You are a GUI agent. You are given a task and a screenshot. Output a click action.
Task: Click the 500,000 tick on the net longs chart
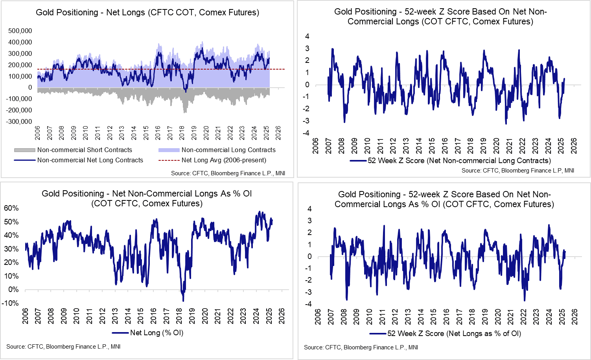click(20, 31)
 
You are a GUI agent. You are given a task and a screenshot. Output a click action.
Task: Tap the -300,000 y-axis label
click(19, 121)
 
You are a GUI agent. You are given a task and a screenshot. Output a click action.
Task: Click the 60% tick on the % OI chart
click(11, 208)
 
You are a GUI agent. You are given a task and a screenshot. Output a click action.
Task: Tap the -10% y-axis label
click(11, 303)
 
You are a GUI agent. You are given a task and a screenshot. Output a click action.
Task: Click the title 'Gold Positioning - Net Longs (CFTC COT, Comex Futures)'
click(147, 13)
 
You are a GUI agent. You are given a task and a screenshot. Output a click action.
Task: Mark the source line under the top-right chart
click(517, 171)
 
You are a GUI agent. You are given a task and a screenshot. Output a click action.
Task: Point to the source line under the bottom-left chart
click(63, 347)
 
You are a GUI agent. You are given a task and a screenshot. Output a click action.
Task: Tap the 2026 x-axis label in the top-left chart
click(278, 133)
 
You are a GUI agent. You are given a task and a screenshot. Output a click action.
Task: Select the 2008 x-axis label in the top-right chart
click(341, 145)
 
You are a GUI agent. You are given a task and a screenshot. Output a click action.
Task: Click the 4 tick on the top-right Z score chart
click(307, 37)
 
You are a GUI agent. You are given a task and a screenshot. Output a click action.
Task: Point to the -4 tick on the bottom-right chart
click(309, 304)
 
